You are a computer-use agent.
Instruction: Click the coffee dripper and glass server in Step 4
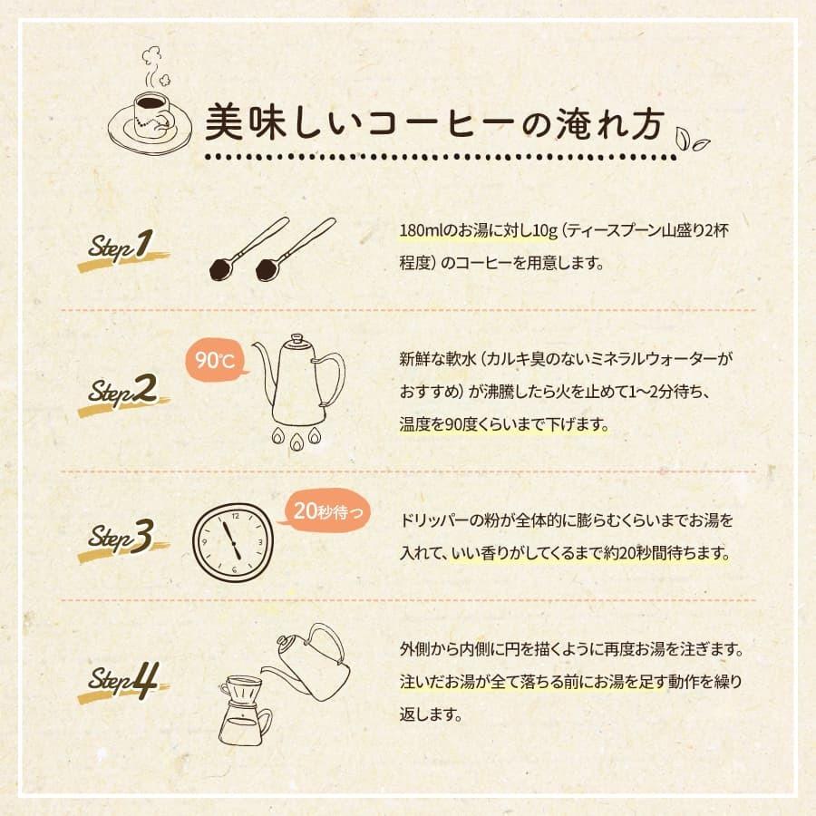pos(243,710)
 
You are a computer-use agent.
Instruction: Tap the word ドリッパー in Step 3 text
pos(432,522)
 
